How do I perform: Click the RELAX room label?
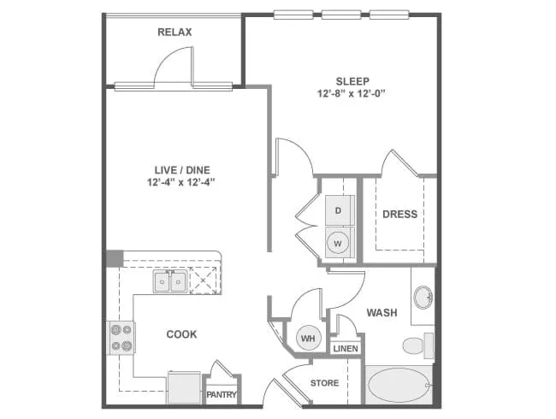pos(174,32)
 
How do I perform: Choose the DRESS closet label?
pos(399,214)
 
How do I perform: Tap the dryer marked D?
pos(339,210)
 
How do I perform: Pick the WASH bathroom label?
pos(382,313)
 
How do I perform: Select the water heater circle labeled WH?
pos(308,339)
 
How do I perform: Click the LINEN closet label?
pos(346,349)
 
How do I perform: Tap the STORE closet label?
pos(324,383)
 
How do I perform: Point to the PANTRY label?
pos(222,395)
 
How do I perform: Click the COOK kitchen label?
pos(181,334)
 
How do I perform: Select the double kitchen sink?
pos(170,280)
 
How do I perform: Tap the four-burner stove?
pos(120,337)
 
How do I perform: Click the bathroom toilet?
pos(417,345)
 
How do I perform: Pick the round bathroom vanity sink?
pos(422,298)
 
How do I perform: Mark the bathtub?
pos(399,385)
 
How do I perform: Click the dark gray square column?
pos(114,259)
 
